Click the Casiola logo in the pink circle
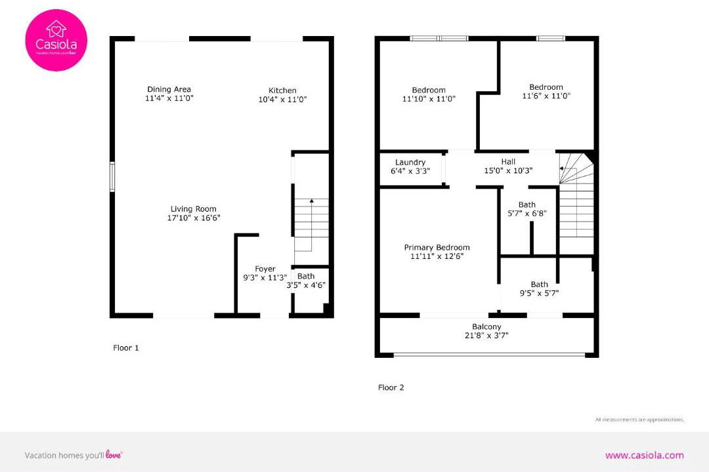tap(56, 40)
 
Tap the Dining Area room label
tap(169, 89)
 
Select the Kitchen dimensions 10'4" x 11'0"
tap(282, 100)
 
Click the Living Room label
tap(194, 209)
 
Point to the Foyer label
tap(265, 269)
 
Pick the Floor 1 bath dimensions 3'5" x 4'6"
tap(306, 285)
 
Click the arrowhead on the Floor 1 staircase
tap(312, 201)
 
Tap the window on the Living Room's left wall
tap(112, 177)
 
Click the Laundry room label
tap(410, 162)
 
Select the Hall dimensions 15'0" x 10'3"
tap(508, 170)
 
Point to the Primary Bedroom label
tap(437, 248)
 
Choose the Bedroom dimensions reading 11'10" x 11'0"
tap(429, 98)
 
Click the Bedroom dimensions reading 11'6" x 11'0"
tap(546, 96)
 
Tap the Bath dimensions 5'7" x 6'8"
tap(527, 213)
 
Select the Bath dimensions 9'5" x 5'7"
tap(540, 293)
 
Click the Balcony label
tap(486, 326)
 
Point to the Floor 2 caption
tap(391, 387)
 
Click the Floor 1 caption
tap(126, 348)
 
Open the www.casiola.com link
tap(645, 456)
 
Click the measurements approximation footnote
tap(640, 420)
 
